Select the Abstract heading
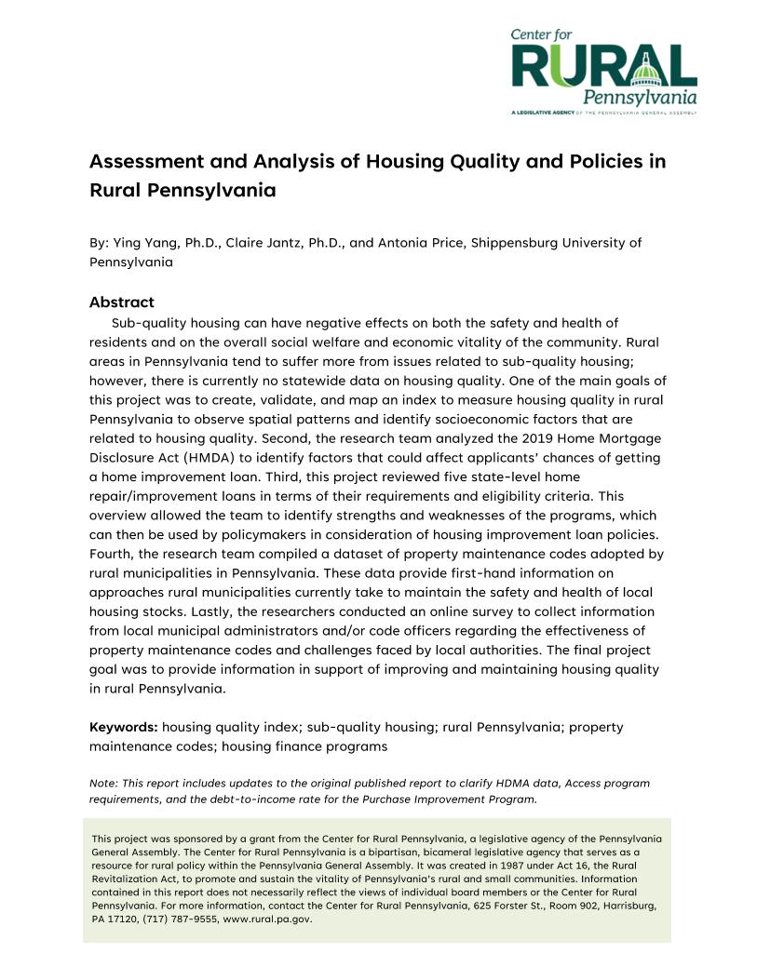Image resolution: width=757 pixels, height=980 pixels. [121, 302]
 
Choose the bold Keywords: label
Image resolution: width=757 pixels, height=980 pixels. [124, 727]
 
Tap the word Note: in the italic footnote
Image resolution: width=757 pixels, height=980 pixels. [102, 784]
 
